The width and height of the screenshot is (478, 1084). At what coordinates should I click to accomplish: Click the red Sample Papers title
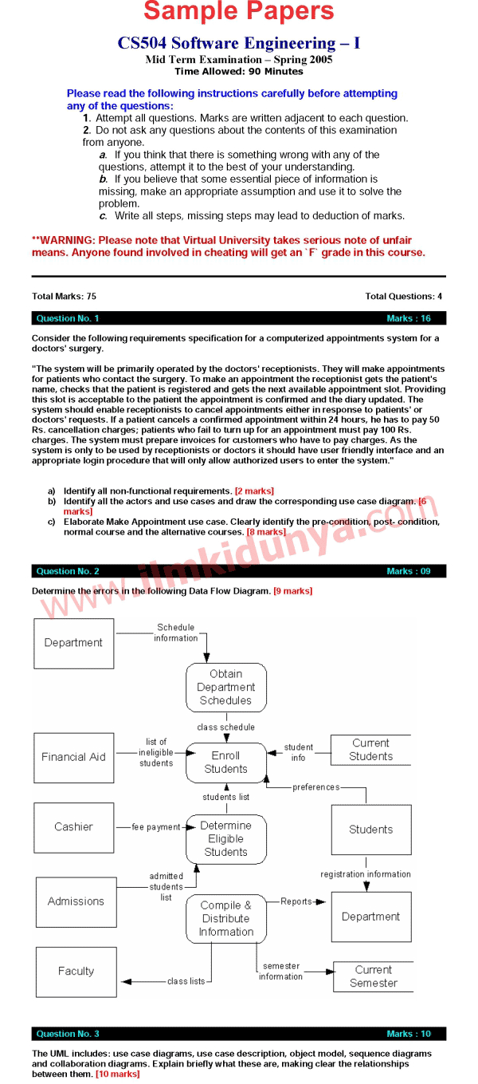click(x=239, y=12)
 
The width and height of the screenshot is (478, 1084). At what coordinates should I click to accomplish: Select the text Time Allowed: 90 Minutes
click(x=239, y=72)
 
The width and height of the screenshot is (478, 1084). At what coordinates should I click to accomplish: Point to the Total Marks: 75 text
click(x=64, y=297)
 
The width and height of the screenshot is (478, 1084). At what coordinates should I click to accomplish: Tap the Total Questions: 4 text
click(x=403, y=297)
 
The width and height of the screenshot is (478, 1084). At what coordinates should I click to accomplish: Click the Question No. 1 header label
click(x=68, y=318)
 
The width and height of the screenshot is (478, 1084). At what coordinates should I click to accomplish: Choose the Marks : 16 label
click(x=408, y=318)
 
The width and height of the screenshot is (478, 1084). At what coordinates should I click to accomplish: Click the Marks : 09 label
click(x=408, y=571)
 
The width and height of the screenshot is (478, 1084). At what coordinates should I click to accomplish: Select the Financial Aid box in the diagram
click(x=73, y=757)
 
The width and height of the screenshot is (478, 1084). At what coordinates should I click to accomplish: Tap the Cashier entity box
click(x=73, y=827)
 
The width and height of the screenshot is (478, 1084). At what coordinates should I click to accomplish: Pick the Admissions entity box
click(x=76, y=901)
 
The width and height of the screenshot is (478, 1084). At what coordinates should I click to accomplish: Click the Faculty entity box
click(x=76, y=972)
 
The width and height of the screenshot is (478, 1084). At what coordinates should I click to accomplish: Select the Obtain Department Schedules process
click(x=226, y=687)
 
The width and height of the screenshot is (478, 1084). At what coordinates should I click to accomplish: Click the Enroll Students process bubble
click(x=226, y=763)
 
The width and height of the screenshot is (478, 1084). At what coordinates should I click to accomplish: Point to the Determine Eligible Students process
click(x=226, y=839)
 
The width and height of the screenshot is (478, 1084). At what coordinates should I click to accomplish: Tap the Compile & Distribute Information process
click(x=226, y=919)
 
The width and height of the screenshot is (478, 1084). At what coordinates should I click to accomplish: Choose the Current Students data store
click(x=370, y=750)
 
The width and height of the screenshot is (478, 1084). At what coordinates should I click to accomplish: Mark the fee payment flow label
click(x=156, y=827)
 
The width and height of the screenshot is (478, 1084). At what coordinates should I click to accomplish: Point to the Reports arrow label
click(x=296, y=901)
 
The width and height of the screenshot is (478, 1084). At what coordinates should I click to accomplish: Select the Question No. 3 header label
click(x=68, y=1034)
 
